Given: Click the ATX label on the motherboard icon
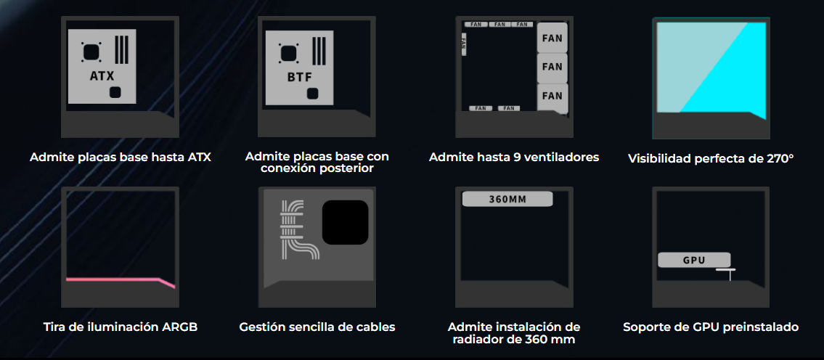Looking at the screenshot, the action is [102, 75].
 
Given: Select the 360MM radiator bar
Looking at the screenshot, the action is [507, 199].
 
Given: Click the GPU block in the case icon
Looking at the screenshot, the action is [694, 260].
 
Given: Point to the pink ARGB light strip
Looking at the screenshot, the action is [121, 281].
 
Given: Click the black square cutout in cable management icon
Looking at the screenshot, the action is [345, 222].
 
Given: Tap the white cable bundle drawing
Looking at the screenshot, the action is [298, 229].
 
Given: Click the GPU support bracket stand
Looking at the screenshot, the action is [726, 274].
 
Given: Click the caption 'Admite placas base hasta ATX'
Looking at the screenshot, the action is [121, 157].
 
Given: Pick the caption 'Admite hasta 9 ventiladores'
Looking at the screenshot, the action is [514, 157].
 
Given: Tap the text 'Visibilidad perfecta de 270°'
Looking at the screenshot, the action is [711, 158].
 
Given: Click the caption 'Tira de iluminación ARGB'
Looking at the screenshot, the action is [121, 327].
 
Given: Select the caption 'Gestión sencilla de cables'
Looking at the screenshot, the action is [317, 327].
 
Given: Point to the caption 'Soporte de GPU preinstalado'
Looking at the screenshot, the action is [711, 327].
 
